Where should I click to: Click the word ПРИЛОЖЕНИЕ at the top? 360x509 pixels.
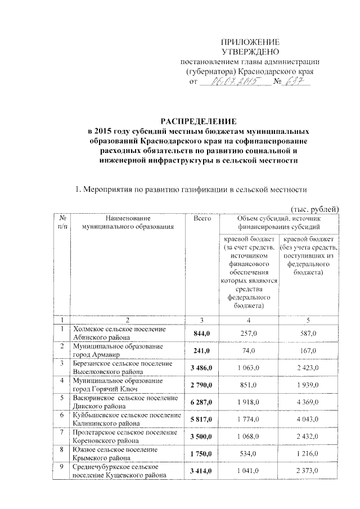pos(250,42)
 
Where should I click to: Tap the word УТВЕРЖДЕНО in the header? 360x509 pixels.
pos(250,52)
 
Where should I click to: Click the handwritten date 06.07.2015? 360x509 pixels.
pos(232,82)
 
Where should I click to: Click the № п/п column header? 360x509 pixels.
pos(60,222)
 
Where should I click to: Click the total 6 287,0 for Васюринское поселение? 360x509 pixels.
pos(201,402)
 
